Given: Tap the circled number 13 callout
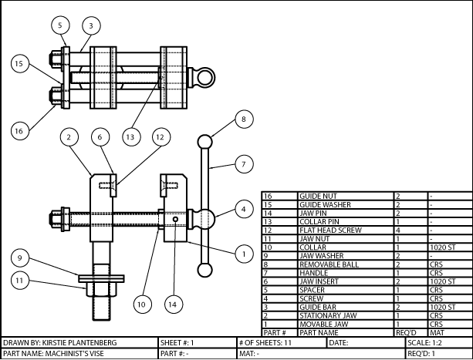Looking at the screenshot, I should tap(130, 136).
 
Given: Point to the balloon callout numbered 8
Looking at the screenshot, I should tap(243, 119).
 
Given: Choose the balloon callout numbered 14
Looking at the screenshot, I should tap(173, 304).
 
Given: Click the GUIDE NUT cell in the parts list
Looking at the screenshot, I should tap(345, 197).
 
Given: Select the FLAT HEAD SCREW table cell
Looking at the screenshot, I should tap(345, 230).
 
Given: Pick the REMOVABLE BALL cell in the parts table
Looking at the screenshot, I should tap(345, 264).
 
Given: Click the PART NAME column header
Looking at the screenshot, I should tap(345, 332).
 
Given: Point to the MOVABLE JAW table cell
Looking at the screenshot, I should tap(345, 324).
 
